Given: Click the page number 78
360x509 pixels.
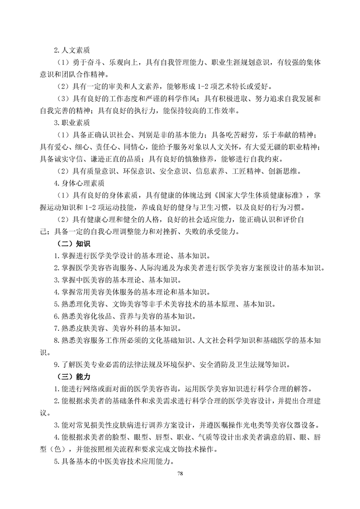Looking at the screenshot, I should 180,474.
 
